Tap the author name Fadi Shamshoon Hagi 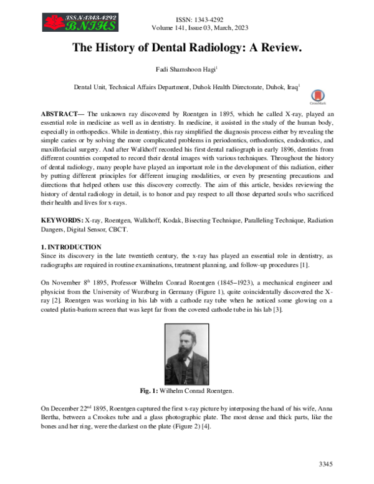click(x=187, y=71)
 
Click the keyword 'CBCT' click(x=140, y=230)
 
